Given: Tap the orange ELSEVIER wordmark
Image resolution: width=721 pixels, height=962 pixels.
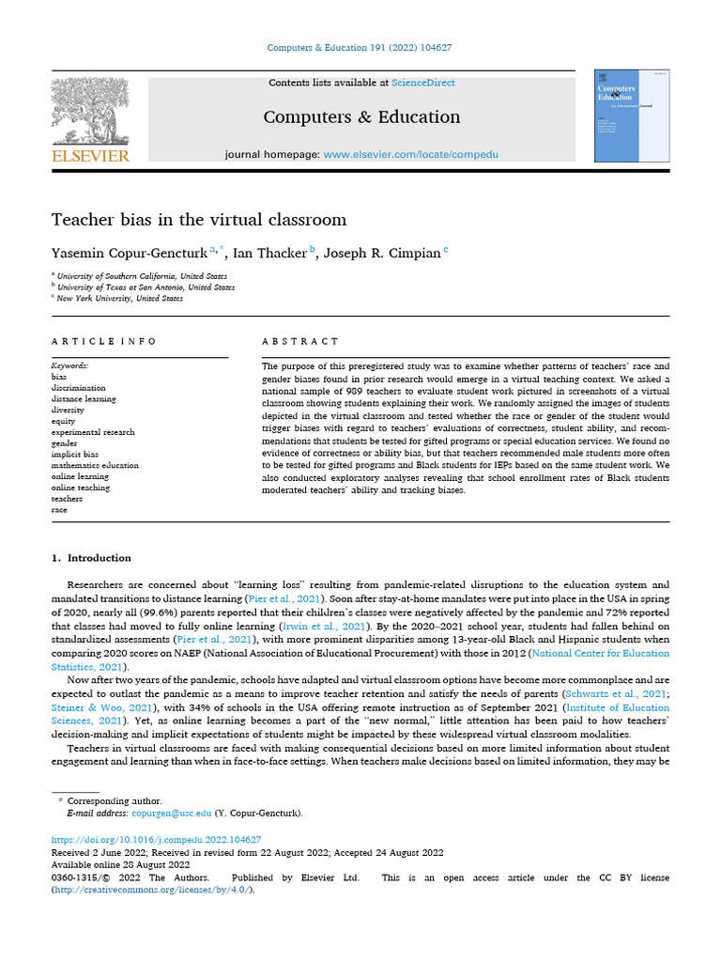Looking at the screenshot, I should (90, 156).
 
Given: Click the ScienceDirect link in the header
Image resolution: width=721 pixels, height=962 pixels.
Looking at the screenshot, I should (423, 83).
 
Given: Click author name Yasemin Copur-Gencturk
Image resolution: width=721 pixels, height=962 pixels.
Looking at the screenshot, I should (130, 253).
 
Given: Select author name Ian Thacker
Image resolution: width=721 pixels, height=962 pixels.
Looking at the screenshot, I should (270, 253).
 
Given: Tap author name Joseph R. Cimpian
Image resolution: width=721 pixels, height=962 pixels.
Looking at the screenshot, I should (387, 253).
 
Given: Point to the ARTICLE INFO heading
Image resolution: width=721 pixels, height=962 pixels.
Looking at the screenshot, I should (104, 341).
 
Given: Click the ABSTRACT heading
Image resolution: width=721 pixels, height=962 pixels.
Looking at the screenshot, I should (300, 341).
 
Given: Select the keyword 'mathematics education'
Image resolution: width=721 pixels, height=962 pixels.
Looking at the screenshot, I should (95, 465).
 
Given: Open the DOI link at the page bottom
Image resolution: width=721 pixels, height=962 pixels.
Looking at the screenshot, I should (156, 840).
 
